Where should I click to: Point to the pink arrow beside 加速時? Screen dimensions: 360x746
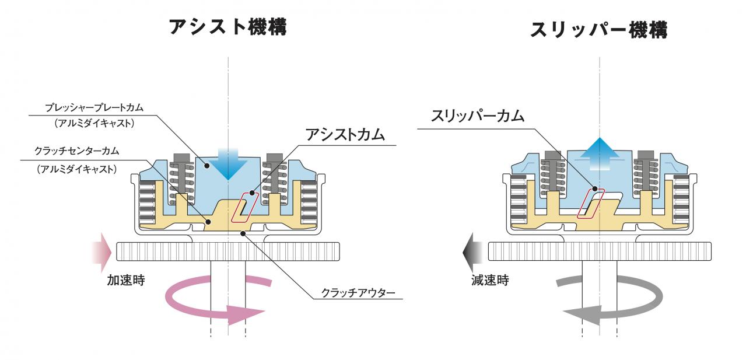coord(101,251)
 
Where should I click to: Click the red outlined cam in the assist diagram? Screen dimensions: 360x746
coord(243,207)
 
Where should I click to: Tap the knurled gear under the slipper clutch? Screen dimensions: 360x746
coord(600,251)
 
